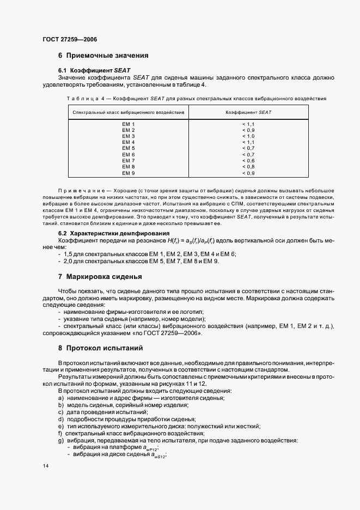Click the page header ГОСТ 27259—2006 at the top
click(x=69, y=39)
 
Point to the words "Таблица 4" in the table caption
click(x=84, y=99)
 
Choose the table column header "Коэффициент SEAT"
click(x=248, y=112)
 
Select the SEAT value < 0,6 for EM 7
click(x=248, y=161)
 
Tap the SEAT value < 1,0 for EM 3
click(x=248, y=136)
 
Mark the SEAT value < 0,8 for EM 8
click(x=248, y=167)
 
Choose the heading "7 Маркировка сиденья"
click(x=100, y=277)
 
